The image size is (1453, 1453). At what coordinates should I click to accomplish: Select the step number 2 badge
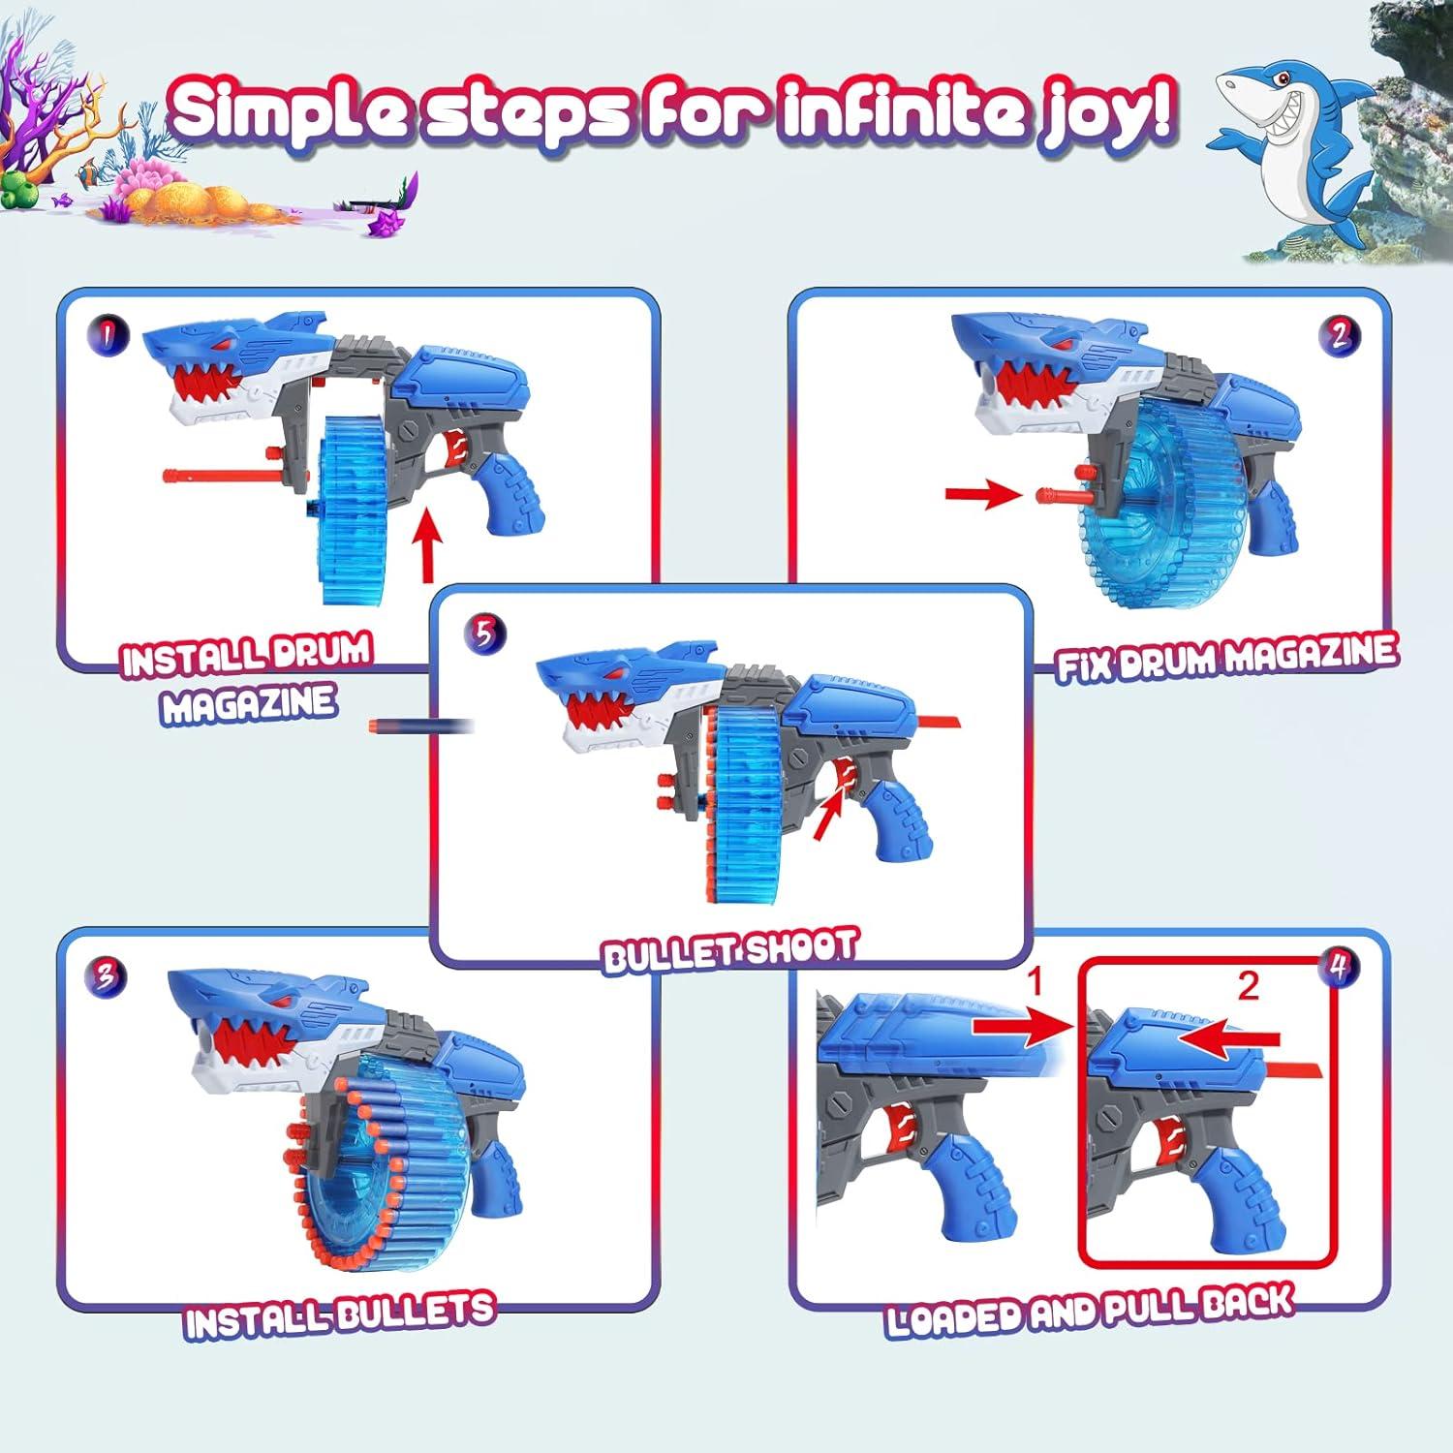coord(1339,335)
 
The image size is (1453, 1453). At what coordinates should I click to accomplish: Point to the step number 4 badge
coord(1339,967)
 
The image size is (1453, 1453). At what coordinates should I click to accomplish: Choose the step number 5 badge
coord(484,635)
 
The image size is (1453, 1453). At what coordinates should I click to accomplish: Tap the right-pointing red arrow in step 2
coord(982,496)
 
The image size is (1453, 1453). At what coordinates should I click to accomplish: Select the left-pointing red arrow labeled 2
coord(1230,1037)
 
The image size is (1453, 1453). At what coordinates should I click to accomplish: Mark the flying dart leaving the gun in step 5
coord(418,726)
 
